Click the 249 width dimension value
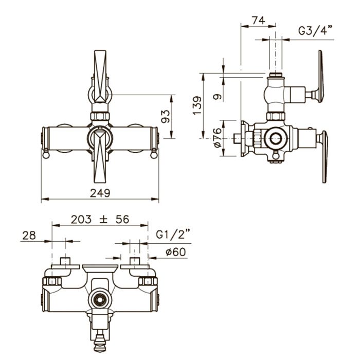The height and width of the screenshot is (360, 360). coord(100,193)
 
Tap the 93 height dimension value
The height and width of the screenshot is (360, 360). coord(166,116)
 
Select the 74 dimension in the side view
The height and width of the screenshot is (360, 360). coord(259,20)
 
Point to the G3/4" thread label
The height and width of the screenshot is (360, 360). coord(315,30)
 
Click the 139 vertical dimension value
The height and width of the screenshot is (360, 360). coord(197,105)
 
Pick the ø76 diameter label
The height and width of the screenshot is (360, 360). coord(217,137)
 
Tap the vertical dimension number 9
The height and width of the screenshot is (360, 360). coord(218,97)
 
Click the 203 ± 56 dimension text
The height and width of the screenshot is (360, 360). coord(100,219)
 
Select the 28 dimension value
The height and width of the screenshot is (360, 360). coord(29,236)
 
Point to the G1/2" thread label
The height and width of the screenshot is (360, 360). coord(173,235)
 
